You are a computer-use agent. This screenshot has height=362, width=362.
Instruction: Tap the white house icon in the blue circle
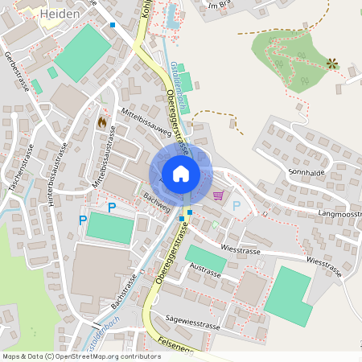click(180, 173)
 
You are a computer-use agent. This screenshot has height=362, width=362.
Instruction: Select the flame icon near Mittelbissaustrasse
click(101, 121)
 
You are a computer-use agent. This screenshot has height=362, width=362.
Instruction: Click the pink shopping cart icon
click(217, 195)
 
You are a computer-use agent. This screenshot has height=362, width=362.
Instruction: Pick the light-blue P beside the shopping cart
click(237, 205)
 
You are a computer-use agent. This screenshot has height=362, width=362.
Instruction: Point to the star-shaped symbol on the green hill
click(331, 63)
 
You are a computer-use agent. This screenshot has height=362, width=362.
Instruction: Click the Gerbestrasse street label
click(16, 76)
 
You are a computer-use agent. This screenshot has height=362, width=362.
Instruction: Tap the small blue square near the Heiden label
click(113, 25)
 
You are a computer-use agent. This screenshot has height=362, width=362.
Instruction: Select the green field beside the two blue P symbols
click(108, 227)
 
